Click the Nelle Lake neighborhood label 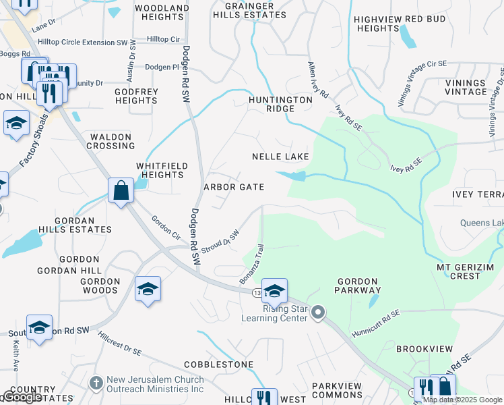[280, 157]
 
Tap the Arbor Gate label [234, 187]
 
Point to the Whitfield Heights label [160, 170]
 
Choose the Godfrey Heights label [136, 96]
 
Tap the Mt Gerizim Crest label [467, 272]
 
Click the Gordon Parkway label [358, 286]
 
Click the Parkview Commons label [337, 390]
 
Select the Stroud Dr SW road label [220, 242]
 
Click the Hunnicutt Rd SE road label [375, 325]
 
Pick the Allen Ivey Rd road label [317, 80]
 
